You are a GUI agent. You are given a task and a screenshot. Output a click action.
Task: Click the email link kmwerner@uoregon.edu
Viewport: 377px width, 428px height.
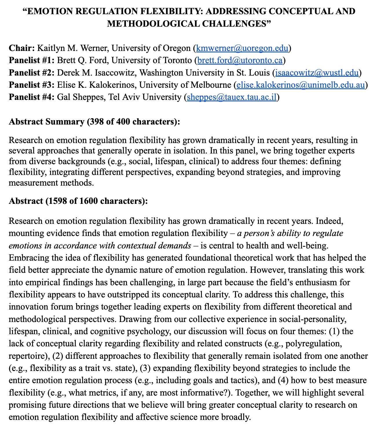[242, 48]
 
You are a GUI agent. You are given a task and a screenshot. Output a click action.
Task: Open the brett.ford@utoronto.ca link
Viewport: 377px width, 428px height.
[240, 60]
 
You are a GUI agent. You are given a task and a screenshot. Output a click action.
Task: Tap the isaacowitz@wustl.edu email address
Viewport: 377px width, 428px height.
[317, 73]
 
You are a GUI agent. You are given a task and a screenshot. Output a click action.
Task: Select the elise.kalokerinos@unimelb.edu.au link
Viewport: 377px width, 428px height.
[301, 85]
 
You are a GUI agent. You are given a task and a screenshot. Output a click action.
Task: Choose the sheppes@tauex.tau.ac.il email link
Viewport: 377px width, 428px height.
[232, 97]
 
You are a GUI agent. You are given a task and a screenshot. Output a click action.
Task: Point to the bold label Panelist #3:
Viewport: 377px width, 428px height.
[32, 85]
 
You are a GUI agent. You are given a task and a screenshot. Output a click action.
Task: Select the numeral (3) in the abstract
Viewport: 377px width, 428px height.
[144, 368]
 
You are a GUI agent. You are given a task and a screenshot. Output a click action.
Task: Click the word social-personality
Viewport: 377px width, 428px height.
[313, 319]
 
